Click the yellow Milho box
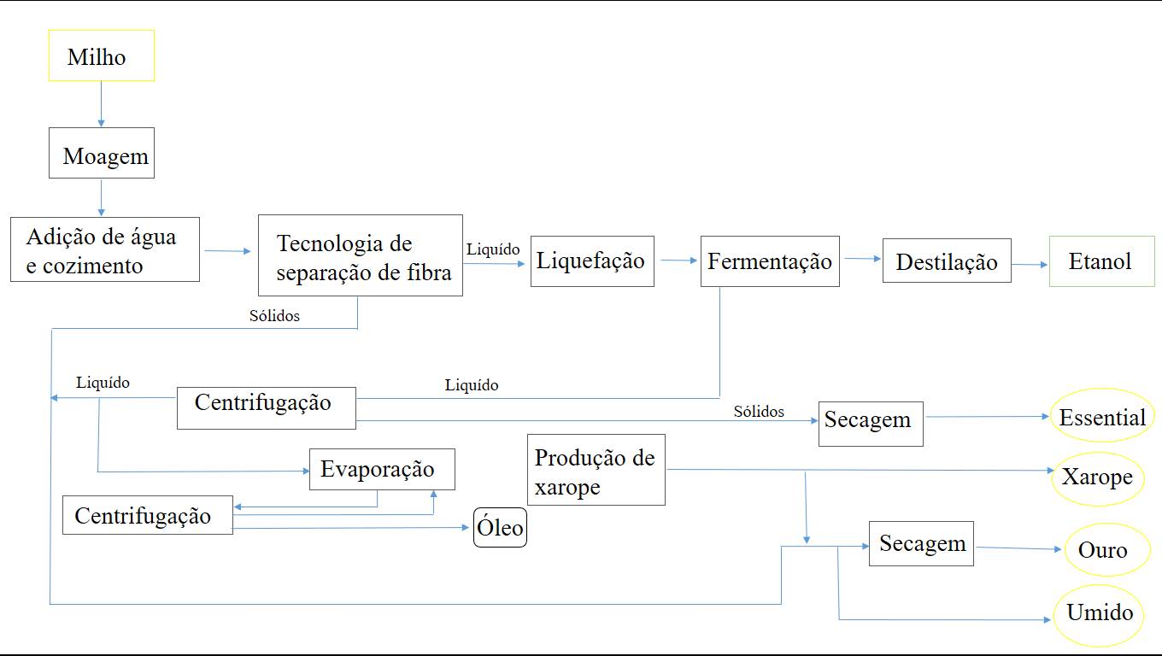tap(101, 56)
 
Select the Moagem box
tap(101, 153)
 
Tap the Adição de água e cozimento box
tap(104, 249)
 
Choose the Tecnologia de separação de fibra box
tap(360, 255)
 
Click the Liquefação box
tap(591, 261)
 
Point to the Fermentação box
tap(769, 261)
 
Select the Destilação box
tap(946, 261)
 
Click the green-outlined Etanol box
tap(1101, 261)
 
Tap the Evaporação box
tap(381, 469)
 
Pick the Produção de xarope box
tap(596, 469)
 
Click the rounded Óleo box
tap(500, 528)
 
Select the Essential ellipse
tap(1101, 418)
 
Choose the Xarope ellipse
tap(1097, 477)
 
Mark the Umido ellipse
tap(1099, 613)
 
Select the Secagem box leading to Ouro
tap(921, 543)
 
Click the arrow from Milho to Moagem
tap(101, 104)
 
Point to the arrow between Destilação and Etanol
tap(1030, 265)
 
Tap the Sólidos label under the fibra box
tap(274, 316)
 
